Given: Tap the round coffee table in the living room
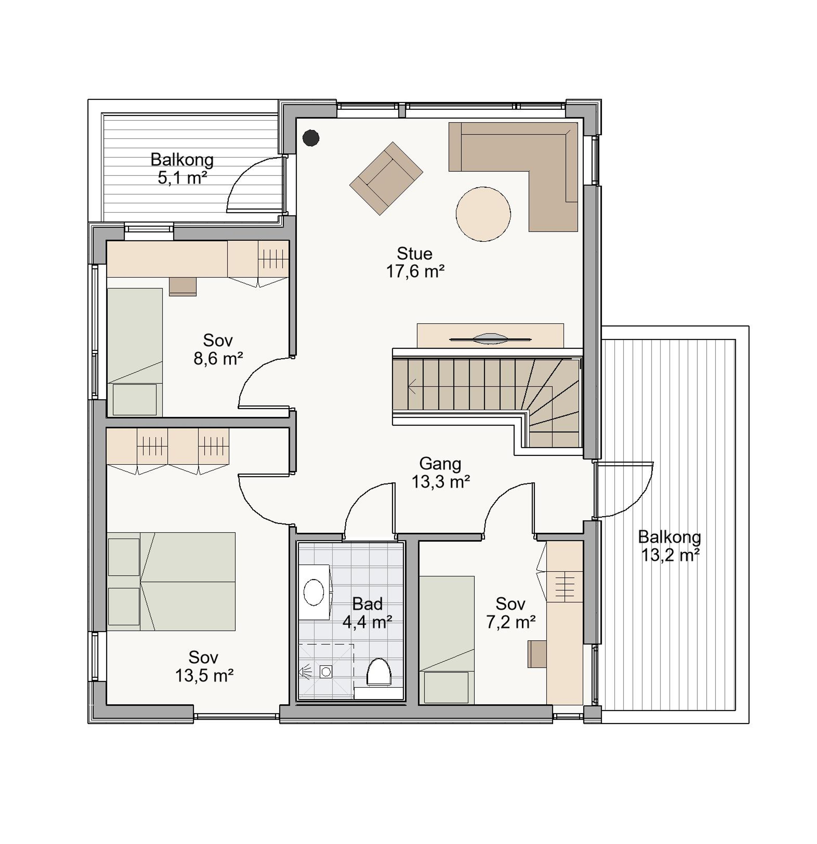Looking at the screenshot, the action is click(x=483, y=214).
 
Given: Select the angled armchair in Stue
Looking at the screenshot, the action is click(x=386, y=178).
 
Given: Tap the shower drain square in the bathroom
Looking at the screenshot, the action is click(x=326, y=671).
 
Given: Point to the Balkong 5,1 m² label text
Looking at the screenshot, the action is click(x=182, y=168).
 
